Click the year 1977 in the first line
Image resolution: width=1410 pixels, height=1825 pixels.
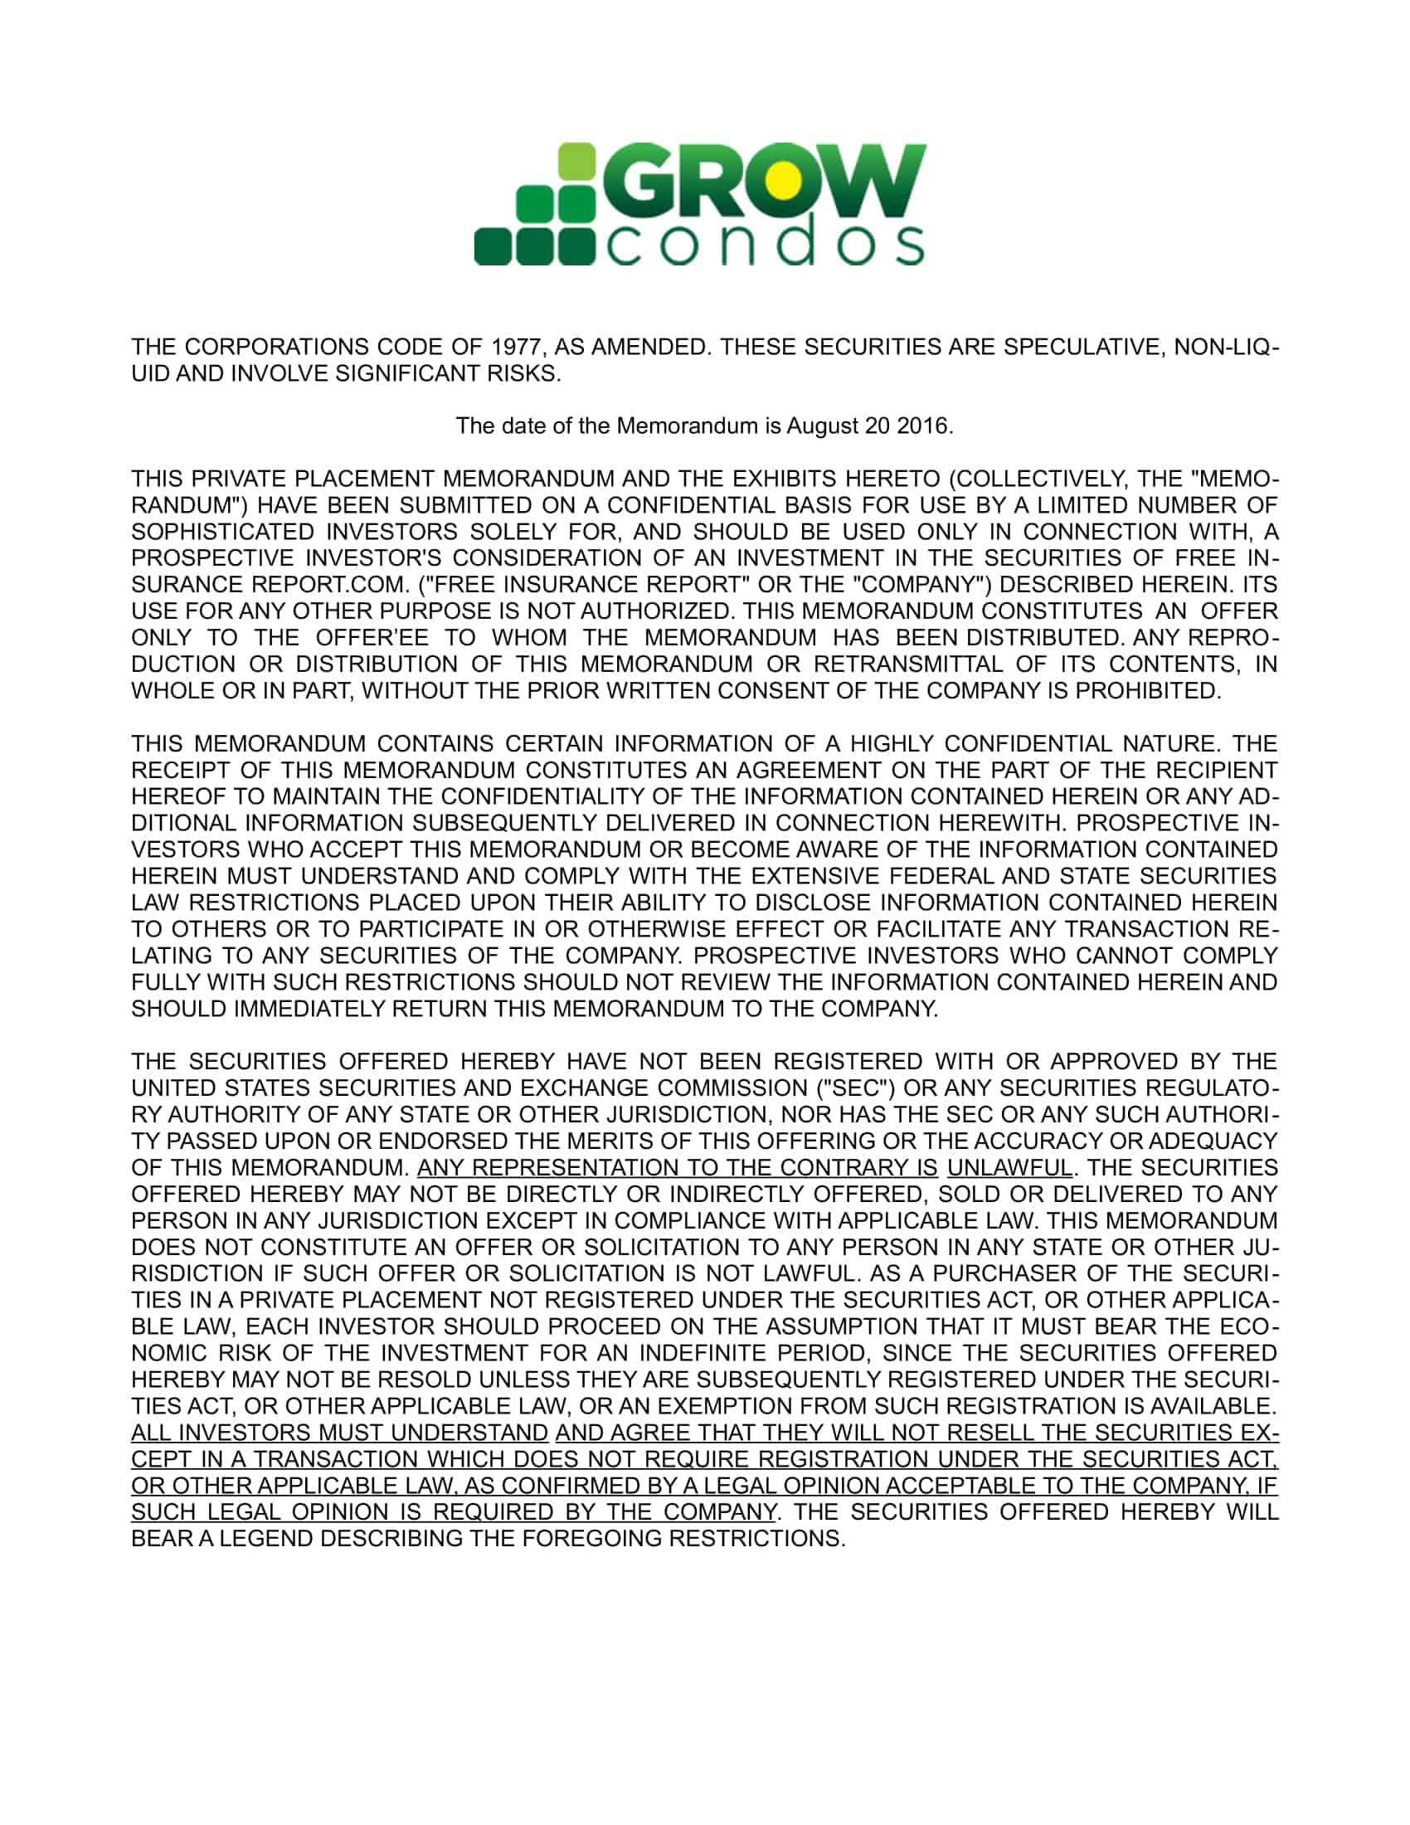[x=515, y=347]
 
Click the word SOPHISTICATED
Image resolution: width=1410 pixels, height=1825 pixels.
[x=222, y=533]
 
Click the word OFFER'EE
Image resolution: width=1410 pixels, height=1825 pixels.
[x=372, y=638]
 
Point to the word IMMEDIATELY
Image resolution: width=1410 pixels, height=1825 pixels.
[x=310, y=1009]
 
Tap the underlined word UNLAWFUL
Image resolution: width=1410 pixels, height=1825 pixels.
[x=1009, y=1167]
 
